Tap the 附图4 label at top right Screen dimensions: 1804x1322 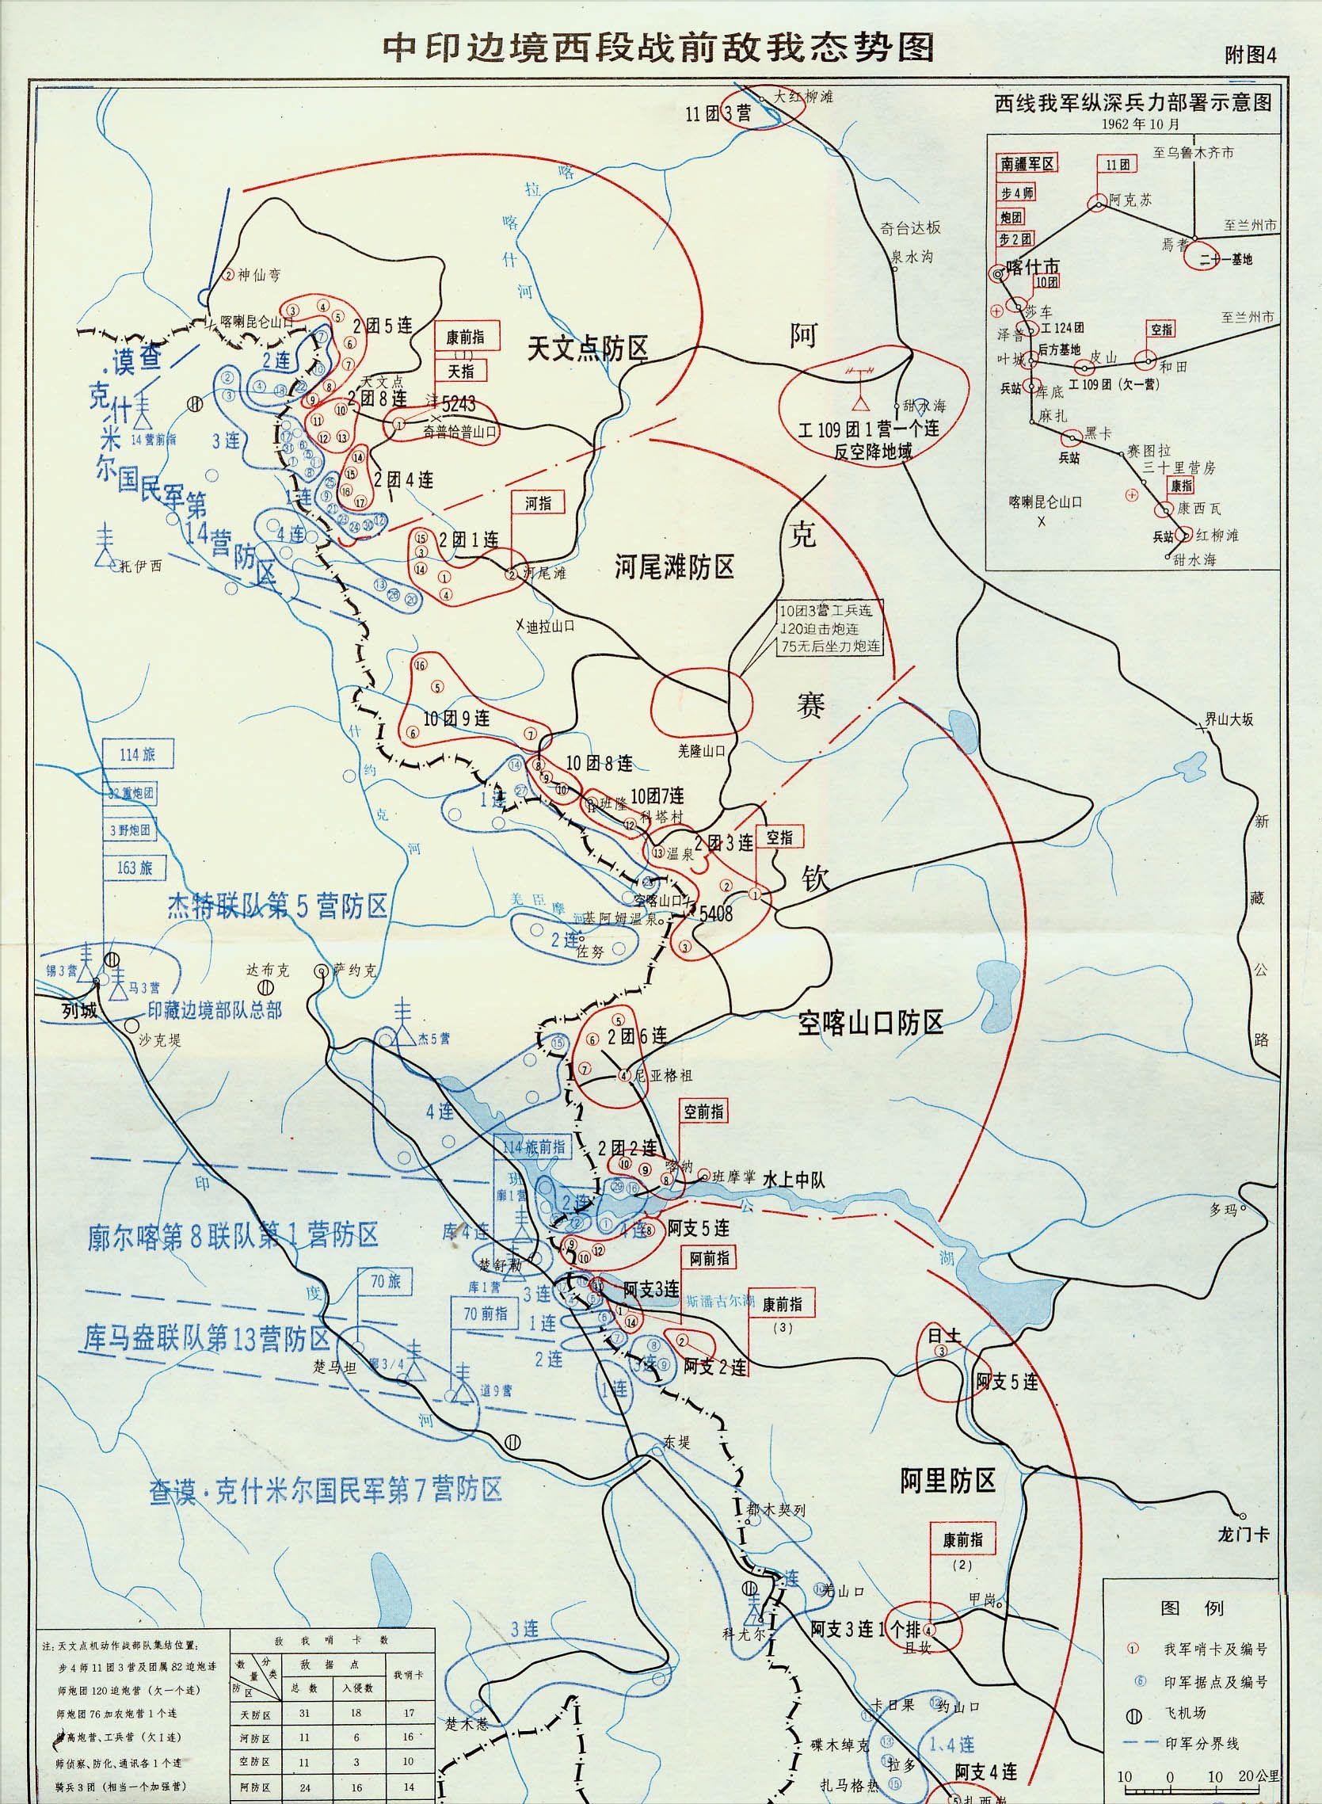[1249, 55]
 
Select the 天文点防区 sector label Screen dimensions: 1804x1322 [588, 349]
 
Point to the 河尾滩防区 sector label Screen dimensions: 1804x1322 [675, 567]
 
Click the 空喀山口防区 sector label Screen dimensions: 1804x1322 [871, 1023]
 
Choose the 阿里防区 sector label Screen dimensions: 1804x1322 [948, 1482]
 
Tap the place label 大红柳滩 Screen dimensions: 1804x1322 [804, 97]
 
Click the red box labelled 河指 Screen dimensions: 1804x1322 [538, 502]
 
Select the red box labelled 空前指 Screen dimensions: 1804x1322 [704, 1112]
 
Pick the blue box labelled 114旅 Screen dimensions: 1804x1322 [137, 755]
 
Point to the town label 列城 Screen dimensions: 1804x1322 [80, 1011]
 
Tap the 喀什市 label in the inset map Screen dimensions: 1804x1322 [1032, 267]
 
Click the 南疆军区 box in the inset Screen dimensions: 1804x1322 [1027, 163]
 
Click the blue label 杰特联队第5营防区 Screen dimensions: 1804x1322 [278, 906]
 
